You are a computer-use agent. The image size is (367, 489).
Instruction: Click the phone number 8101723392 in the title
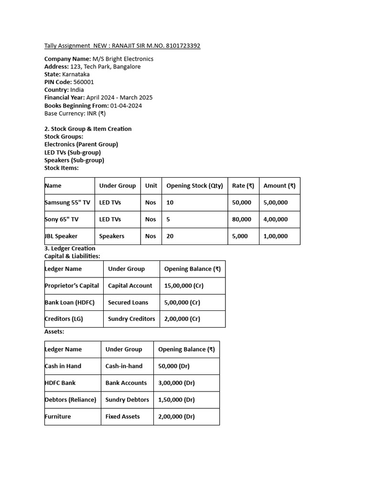coord(181,46)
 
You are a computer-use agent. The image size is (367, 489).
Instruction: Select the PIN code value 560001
coord(84,82)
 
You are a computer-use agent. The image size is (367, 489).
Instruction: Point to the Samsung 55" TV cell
coord(67,202)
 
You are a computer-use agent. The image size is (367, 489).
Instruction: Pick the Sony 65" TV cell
coord(62,219)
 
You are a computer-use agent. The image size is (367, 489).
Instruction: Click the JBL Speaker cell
coord(61,236)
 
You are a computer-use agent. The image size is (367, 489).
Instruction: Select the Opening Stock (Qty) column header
coord(194,186)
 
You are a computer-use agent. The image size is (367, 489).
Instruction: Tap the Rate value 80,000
coord(241,219)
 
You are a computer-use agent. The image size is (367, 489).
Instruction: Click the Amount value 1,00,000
coord(275,236)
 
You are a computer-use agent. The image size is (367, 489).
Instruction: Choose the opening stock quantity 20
coord(170,236)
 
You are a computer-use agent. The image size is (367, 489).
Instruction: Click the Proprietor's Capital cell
coord(72,286)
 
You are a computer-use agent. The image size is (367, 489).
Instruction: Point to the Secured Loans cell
coord(128,302)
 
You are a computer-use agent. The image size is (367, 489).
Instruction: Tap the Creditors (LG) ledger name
coord(64,319)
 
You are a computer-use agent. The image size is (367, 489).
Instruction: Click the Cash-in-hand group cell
coord(124,366)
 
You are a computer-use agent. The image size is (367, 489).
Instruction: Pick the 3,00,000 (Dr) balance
coord(176,383)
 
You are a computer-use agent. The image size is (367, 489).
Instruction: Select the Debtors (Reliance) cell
coord(70,399)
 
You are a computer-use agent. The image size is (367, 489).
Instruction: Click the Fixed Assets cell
coord(123,416)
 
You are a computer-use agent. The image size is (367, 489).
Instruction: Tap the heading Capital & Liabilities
coord(72,256)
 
